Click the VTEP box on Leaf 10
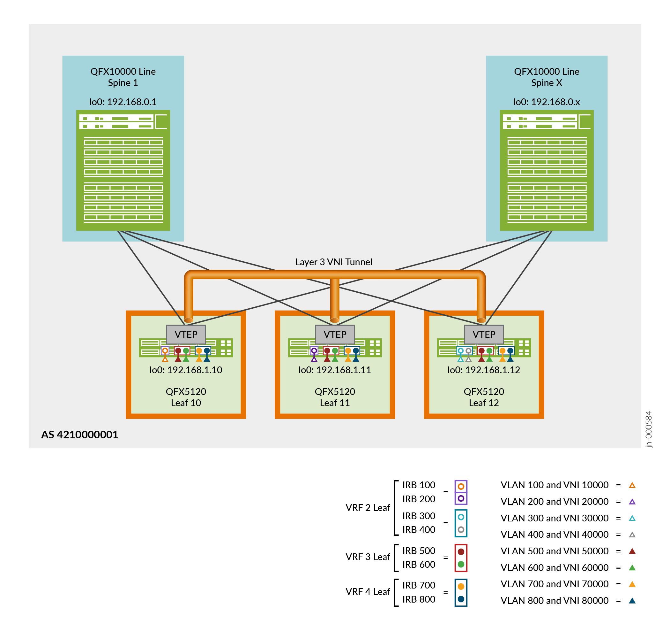tap(186, 335)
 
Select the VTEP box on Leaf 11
tap(335, 335)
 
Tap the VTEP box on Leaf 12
tap(484, 335)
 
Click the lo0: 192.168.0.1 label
tap(123, 102)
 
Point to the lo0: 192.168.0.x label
tap(546, 102)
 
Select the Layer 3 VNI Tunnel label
tap(333, 262)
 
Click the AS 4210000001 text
tap(79, 435)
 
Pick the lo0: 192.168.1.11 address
tap(335, 370)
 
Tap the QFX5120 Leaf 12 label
tap(484, 397)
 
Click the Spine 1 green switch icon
tap(123, 170)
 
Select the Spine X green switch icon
tap(546, 170)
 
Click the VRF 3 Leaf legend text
tap(368, 557)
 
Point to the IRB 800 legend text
tap(419, 599)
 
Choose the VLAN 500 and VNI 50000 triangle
tap(632, 551)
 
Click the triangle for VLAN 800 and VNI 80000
tap(632, 601)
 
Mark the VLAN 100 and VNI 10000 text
tap(555, 485)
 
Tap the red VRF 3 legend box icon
tap(461, 558)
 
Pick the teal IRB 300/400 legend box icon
tap(461, 523)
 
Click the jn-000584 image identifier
tap(649, 429)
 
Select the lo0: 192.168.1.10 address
tap(186, 370)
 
